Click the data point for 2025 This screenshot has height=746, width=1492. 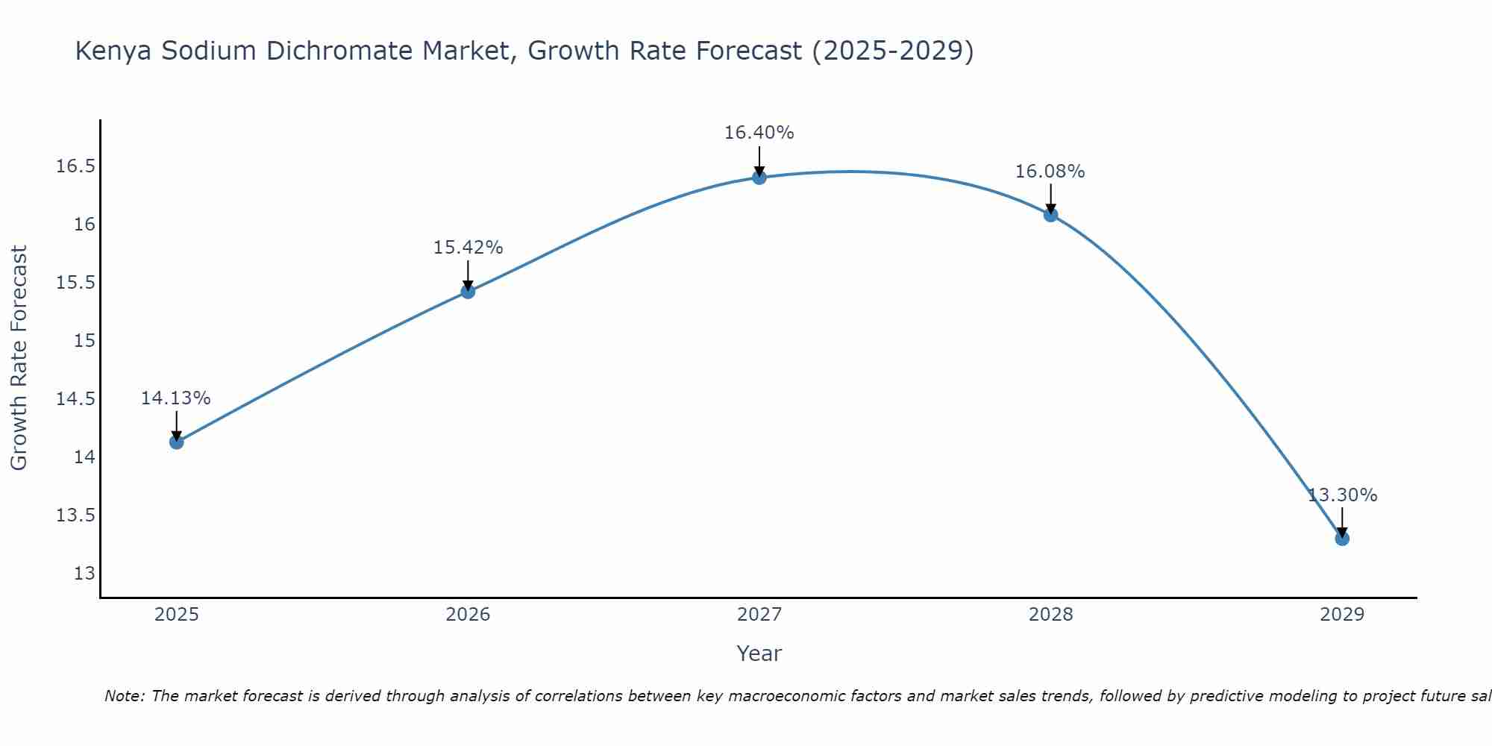177,442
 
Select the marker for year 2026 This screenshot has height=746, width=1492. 468,292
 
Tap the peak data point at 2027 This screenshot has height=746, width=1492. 759,178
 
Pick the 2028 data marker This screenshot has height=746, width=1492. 1050,215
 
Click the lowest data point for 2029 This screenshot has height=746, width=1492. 1342,539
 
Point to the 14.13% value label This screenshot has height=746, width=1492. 176,398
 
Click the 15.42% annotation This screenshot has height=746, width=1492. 468,248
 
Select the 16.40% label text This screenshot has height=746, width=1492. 759,134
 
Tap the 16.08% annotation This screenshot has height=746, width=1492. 1050,172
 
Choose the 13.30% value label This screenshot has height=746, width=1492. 1342,495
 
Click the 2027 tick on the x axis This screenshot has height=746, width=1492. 759,615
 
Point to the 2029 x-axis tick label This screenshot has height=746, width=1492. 1342,615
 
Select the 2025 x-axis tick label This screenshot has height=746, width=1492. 177,615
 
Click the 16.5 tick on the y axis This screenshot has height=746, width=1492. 76,166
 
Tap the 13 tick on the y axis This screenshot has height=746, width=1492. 84,574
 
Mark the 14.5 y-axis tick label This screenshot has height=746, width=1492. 76,399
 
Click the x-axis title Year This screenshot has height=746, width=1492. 759,653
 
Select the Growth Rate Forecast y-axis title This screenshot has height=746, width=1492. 19,358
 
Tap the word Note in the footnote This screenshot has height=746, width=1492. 125,696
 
